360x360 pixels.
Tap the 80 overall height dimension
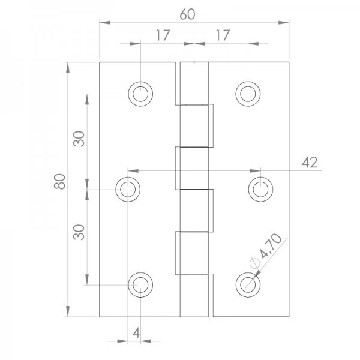click(x=59, y=181)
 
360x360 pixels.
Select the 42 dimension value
click(x=310, y=162)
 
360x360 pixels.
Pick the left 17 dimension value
click(x=161, y=35)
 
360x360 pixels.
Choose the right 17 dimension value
click(x=223, y=35)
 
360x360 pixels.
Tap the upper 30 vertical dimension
click(x=79, y=139)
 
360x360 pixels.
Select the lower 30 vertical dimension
click(x=79, y=231)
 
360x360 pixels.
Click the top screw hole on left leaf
click(x=140, y=93)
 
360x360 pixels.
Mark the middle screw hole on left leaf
click(x=128, y=189)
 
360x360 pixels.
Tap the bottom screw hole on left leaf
click(x=140, y=284)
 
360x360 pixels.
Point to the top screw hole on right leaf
click(x=247, y=93)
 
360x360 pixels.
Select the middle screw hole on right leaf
click(x=260, y=189)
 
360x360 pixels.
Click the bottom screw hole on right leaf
click(x=247, y=284)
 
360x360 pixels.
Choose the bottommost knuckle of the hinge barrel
click(x=195, y=295)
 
